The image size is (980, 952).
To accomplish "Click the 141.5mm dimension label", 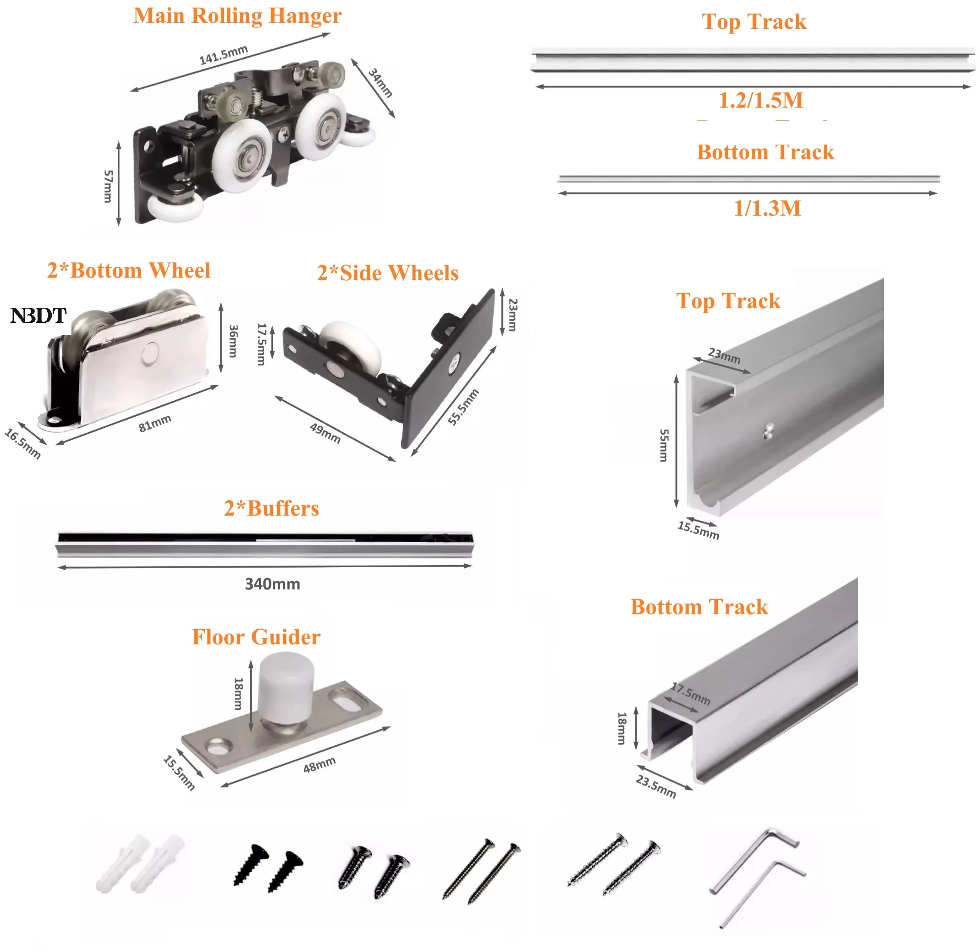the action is point(223,55).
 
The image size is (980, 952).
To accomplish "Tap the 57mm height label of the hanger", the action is point(108,186).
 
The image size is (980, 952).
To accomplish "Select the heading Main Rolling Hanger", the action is point(238,15).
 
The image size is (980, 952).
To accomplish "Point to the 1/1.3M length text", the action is point(767,208).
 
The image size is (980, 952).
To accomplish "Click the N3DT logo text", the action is point(38,315).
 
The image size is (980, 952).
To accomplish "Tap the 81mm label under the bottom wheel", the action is point(155,423).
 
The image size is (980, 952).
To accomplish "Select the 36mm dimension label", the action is point(233,340).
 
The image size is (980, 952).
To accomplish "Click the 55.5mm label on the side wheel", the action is point(463,407).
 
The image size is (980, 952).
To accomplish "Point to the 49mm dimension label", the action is point(325,433).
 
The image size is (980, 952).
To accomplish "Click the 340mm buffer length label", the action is point(272,584).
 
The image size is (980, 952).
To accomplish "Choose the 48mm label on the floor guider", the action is point(319,764).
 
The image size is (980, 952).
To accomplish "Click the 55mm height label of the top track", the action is point(664,445).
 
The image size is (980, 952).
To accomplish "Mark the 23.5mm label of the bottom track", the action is point(656,786).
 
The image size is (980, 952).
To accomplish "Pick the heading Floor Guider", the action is point(256,637).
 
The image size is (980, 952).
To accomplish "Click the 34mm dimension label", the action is point(380,83).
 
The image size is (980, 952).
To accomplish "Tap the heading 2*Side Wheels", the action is point(387,273).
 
